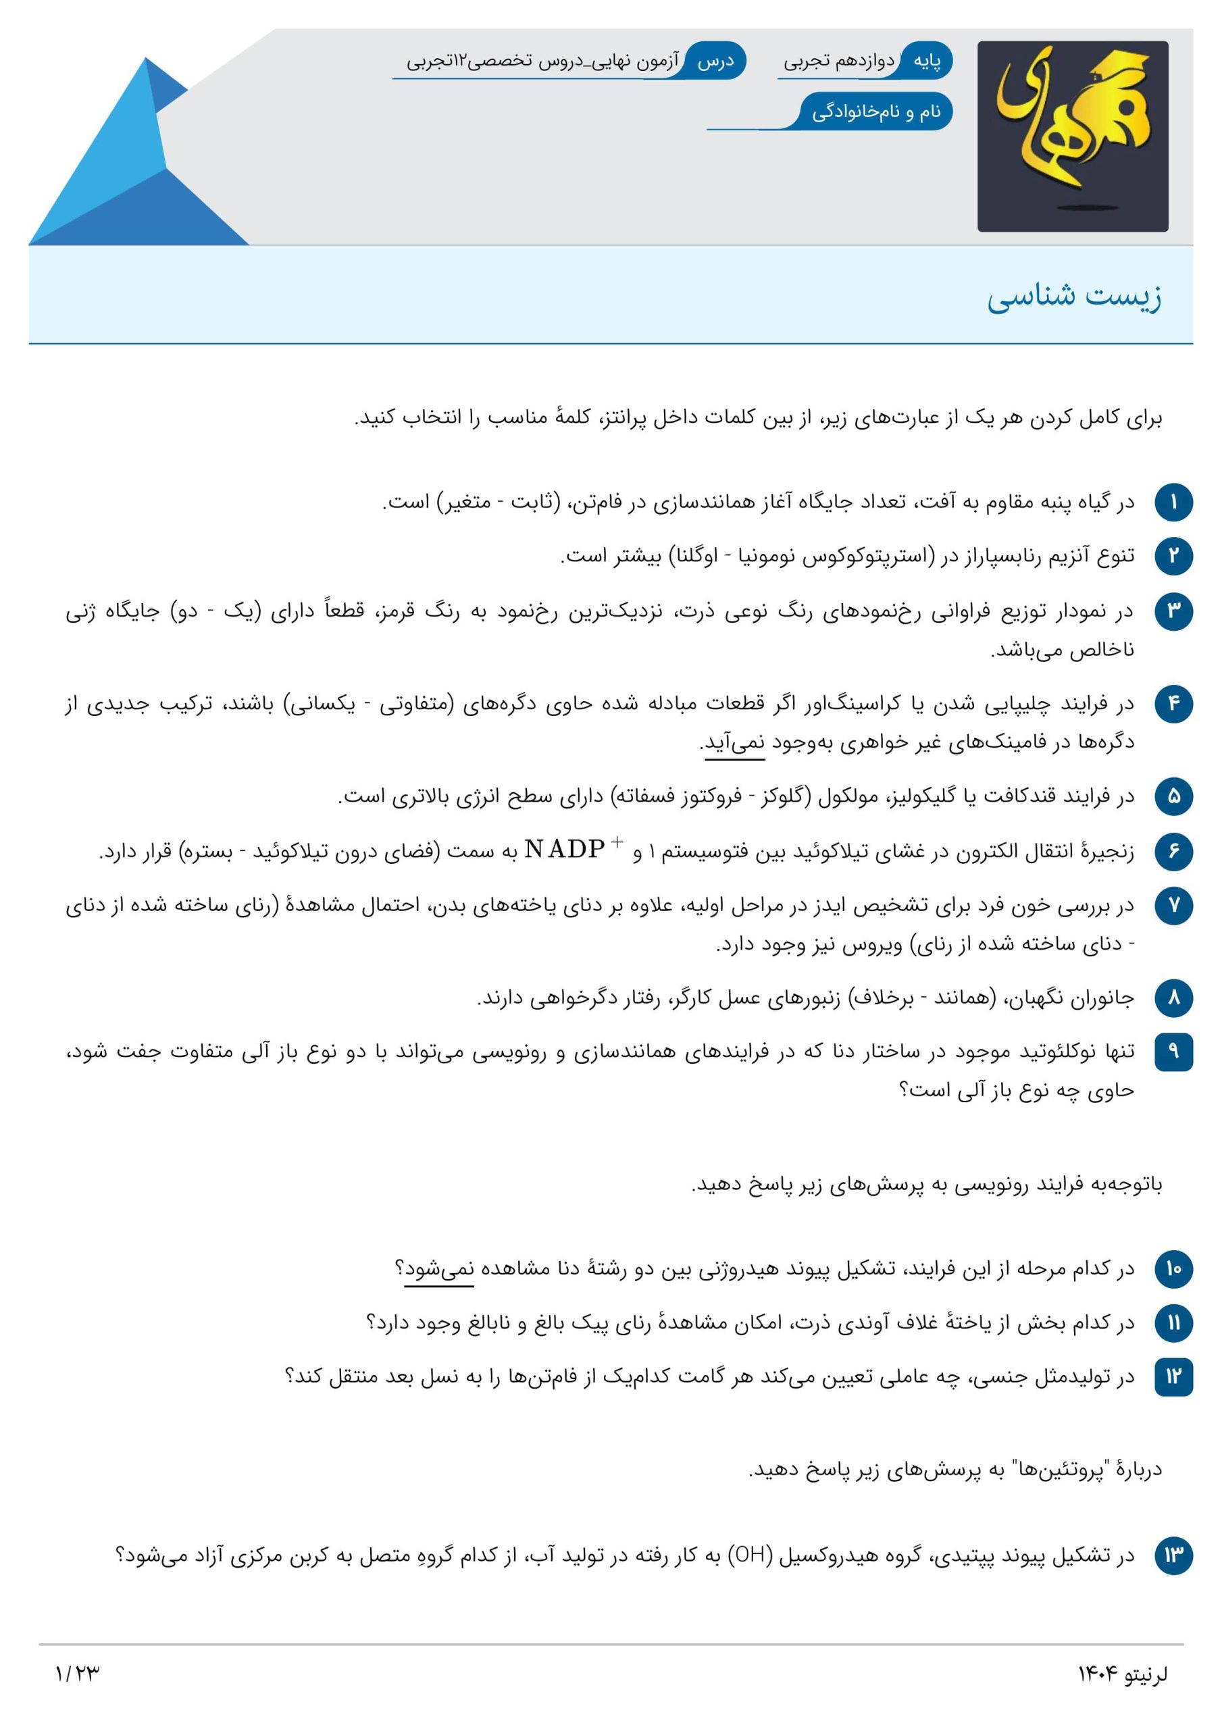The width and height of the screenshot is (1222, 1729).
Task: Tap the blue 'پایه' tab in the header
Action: [x=927, y=61]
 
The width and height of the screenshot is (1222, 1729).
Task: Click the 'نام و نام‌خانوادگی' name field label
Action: [x=876, y=112]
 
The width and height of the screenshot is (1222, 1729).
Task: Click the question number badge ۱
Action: [x=1173, y=502]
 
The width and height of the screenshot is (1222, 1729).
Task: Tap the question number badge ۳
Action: [x=1173, y=611]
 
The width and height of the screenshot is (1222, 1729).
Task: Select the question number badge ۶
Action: [x=1173, y=852]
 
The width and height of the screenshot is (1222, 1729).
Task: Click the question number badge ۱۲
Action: [x=1173, y=1376]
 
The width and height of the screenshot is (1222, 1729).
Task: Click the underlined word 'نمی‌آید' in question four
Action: [x=734, y=743]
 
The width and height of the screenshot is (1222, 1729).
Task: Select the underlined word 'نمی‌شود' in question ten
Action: [x=439, y=1269]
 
